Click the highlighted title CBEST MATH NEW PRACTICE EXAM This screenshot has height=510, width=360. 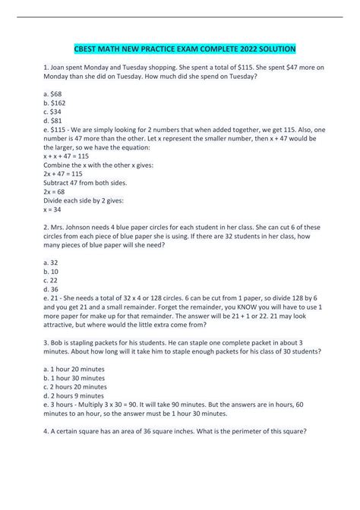[x=179, y=48]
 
